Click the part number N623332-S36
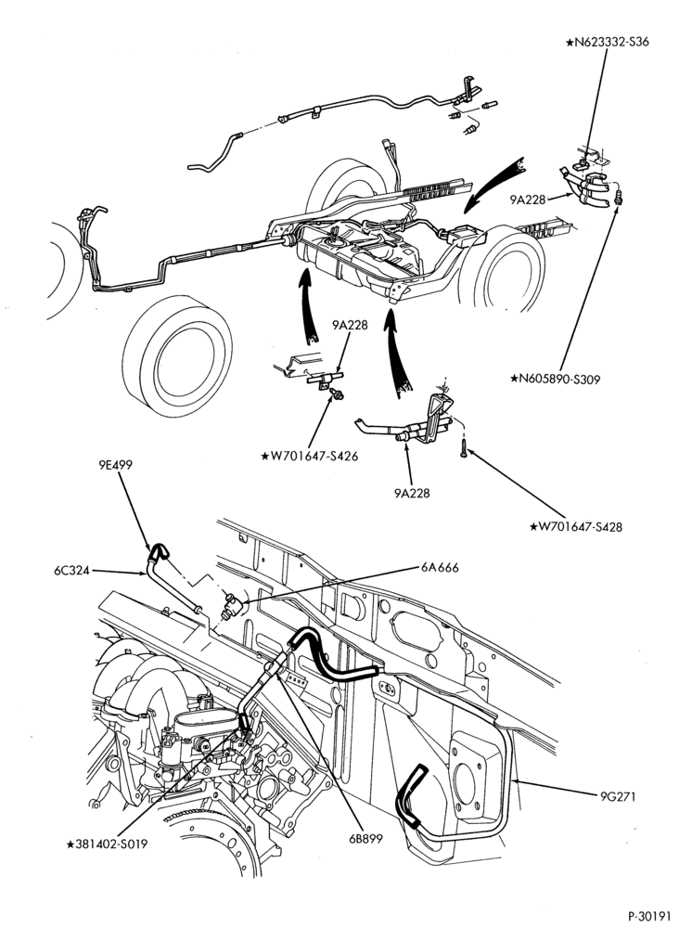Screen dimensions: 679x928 click(607, 42)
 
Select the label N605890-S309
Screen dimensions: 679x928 click(556, 379)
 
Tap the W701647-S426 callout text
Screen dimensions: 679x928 click(309, 457)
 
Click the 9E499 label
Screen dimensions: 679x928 click(116, 465)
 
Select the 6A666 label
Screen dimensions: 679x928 click(440, 568)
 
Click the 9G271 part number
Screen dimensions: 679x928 click(618, 796)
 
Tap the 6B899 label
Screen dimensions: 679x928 click(365, 839)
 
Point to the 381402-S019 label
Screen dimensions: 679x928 click(107, 844)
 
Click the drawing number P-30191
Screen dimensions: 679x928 click(650, 916)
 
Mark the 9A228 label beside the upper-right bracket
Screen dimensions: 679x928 click(528, 200)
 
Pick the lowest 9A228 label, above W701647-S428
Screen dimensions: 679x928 click(412, 493)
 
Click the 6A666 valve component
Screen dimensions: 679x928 click(231, 606)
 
